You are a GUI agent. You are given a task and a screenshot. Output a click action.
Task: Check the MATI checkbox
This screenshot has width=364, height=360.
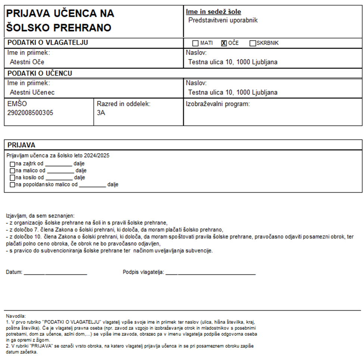pos(196,43)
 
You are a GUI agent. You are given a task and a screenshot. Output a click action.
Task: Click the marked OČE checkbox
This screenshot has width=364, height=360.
pos(224,43)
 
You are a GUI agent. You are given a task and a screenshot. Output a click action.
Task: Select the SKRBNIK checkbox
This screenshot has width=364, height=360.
pos(252,43)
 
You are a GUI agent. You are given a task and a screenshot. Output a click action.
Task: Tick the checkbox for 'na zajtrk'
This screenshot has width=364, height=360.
pos(13,164)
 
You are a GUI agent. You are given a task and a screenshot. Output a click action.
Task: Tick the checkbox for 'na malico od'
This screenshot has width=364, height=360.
pos(13,170)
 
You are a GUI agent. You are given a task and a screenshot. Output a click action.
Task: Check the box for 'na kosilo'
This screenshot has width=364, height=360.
pos(13,178)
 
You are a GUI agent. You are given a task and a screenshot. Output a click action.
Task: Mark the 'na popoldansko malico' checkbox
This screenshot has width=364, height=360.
pos(13,185)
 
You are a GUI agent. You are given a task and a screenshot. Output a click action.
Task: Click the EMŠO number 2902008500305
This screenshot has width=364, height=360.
pos(30,113)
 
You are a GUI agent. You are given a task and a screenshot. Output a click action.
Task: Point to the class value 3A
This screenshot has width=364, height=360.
pos(101,113)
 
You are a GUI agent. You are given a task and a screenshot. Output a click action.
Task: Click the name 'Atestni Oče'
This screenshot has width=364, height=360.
pos(27,62)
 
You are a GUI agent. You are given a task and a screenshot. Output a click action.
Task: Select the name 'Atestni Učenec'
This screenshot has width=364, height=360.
pos(32,92)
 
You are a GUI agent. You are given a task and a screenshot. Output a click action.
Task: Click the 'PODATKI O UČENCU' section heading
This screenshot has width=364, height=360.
pos(40,73)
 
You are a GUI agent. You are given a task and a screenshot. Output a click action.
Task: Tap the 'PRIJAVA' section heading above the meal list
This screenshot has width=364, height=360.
pos(21,145)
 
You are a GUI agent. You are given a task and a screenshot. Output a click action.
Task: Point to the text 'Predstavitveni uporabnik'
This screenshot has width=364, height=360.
pos(223,20)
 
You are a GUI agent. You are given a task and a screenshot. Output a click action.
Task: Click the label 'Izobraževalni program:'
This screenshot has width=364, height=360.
pos(217,104)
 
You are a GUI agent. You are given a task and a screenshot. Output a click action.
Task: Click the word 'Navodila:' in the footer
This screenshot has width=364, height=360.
pos(16,316)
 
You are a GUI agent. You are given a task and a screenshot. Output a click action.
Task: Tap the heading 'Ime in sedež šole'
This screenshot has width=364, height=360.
pos(213,12)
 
